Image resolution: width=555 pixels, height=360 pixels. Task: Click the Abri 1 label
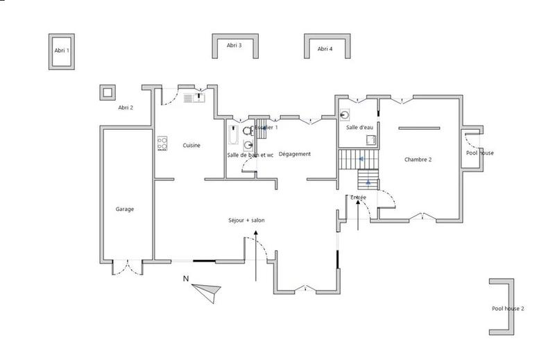coord(62,51)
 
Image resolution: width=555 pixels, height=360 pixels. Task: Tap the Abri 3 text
coord(234,45)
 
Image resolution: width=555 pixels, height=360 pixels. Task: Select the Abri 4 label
coord(325,49)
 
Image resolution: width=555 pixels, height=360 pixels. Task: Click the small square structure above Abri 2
coord(107,92)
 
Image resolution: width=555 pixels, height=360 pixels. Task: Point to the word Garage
coord(125,209)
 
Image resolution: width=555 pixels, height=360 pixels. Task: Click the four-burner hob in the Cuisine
coord(163,143)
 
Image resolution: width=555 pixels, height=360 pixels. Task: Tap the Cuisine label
coord(191,145)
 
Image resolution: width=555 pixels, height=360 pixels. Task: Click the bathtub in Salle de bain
coord(232,135)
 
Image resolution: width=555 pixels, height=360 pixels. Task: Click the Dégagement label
coord(295,154)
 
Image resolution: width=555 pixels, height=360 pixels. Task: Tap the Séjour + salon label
coord(246,221)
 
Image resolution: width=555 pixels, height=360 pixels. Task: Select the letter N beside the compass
coord(185,279)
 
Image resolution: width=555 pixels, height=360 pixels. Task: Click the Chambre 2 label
coord(418,160)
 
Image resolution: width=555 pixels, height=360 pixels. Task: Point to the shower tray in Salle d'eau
coord(371,139)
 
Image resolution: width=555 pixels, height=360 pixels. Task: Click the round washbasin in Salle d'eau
coord(345,116)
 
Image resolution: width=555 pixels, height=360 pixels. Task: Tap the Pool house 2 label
coord(508,309)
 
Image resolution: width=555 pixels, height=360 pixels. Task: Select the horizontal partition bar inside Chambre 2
coord(418,128)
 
